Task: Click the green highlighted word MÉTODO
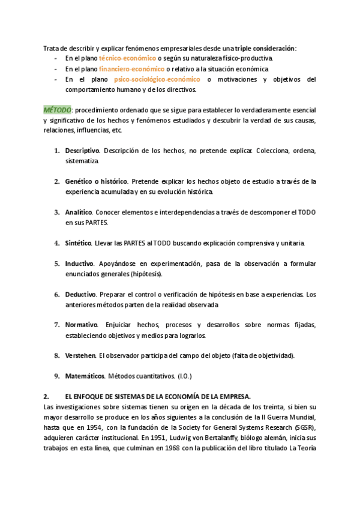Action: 57,110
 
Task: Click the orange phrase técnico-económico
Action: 127,58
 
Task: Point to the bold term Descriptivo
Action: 83,150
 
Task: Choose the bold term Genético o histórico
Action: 96,181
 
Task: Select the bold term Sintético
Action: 79,243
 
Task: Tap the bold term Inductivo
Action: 79,264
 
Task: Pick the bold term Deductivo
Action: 80,295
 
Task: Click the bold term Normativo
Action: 80,325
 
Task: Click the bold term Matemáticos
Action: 85,376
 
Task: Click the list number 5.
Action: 57,264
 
